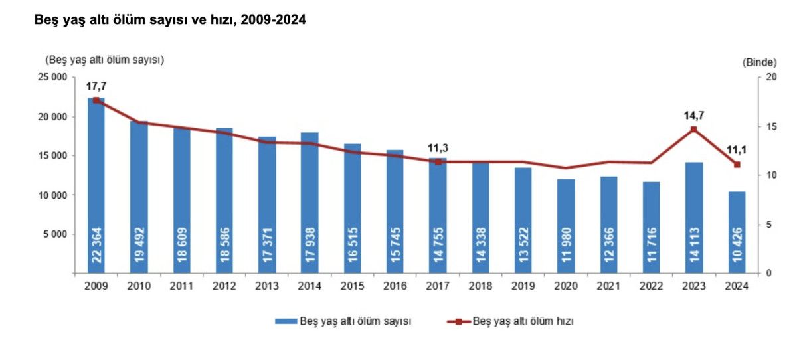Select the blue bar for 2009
[96, 186]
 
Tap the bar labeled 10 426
[737, 232]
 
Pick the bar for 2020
[566, 226]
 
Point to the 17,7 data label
[96, 86]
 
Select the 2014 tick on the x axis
[310, 286]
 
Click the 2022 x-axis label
[652, 286]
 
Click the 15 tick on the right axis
[771, 126]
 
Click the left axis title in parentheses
[104, 60]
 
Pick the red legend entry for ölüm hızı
[515, 321]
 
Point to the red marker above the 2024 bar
[737, 165]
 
